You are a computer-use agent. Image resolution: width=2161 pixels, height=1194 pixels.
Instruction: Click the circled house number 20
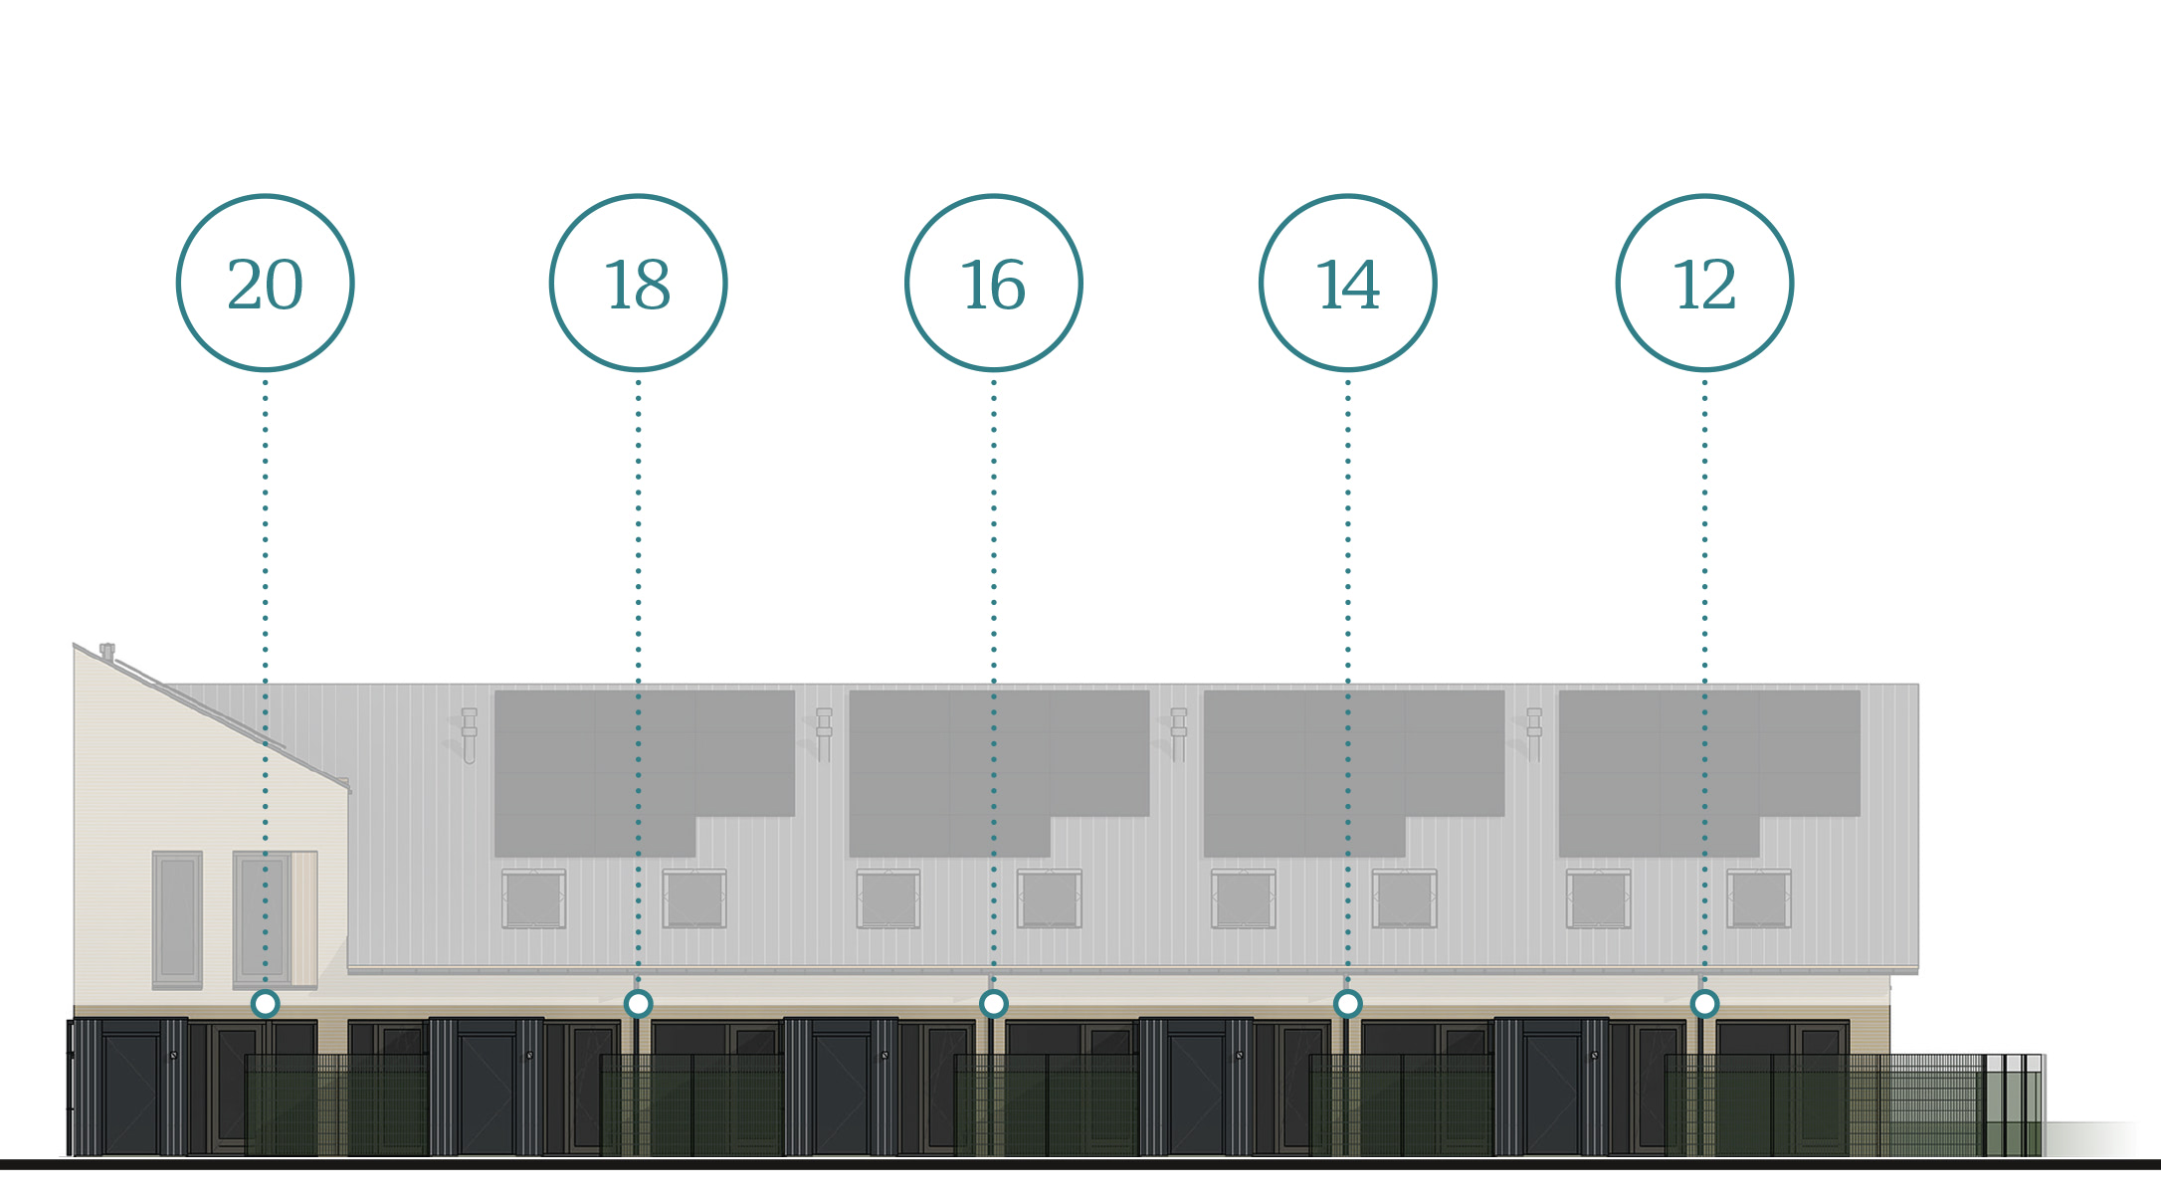265,284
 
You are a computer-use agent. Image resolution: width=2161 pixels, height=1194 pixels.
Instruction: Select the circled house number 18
638,284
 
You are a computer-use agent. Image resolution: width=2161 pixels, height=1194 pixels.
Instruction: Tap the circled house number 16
993,284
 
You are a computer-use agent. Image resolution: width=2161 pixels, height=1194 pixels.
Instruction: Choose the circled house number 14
1347,284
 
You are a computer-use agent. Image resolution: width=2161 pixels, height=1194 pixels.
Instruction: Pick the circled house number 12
1704,284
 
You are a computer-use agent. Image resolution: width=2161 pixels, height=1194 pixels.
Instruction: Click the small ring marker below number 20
265,1004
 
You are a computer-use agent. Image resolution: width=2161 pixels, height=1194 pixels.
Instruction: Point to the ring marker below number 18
638,1004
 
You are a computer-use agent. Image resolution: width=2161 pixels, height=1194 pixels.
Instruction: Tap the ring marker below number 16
993,1004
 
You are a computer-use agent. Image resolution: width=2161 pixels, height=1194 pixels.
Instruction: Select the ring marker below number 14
1347,1004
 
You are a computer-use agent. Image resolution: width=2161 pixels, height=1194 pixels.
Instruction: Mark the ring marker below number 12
1704,1004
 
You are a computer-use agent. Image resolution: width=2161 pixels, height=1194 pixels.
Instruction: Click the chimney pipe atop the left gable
107,652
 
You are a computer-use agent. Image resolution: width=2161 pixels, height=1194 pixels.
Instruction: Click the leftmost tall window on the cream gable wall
177,918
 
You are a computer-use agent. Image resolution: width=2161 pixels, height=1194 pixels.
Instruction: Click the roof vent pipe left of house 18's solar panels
469,734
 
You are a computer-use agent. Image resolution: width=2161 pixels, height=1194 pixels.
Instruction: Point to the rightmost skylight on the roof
1759,898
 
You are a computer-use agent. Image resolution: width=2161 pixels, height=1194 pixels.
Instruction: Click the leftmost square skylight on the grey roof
533,898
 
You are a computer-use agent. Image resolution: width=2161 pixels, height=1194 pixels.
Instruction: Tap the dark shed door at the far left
131,1093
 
